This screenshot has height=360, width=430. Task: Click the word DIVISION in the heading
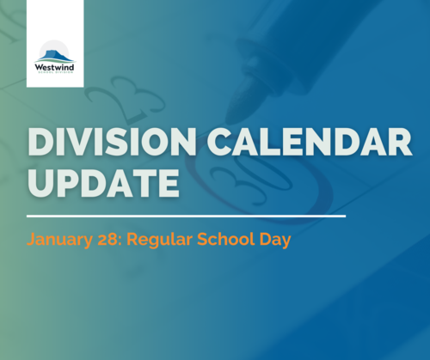112,142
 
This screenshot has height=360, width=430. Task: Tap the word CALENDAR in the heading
310,142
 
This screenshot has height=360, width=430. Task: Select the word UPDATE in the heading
103,183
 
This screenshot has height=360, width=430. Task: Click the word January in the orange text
59,240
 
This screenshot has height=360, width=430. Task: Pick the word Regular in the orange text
159,240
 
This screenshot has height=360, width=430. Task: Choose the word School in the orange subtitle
225,239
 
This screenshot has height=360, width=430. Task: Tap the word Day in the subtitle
275,240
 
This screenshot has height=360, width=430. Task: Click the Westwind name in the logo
54,68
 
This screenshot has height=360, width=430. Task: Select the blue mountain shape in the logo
54,56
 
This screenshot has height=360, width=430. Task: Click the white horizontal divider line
186,216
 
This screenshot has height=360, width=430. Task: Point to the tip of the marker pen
229,121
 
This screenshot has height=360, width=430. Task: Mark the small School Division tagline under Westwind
54,73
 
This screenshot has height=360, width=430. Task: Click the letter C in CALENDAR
221,142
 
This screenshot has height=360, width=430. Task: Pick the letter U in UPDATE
40,183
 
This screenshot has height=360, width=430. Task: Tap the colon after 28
120,241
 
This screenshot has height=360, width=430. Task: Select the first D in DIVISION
40,142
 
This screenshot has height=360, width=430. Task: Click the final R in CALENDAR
399,142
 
